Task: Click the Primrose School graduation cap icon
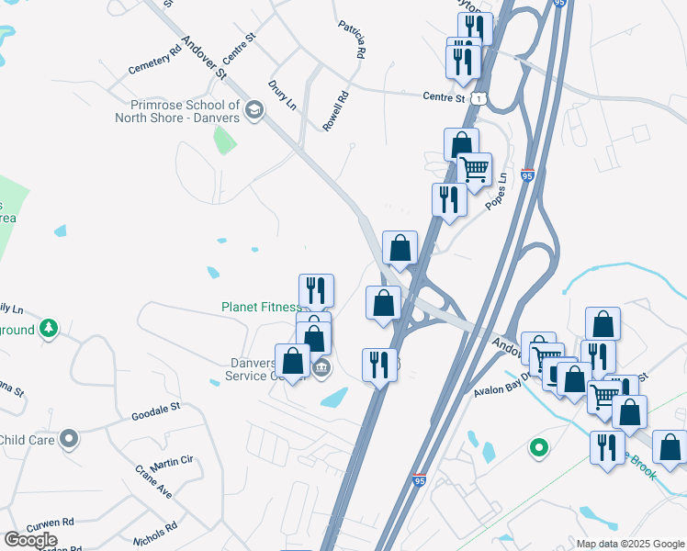(x=254, y=111)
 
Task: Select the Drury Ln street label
(x=282, y=95)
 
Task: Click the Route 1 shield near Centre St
(x=479, y=97)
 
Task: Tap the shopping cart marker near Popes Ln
(x=474, y=171)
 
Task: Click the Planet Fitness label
(x=261, y=307)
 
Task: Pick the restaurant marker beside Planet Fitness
(x=316, y=290)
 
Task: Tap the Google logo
(x=30, y=539)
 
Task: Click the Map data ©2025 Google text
(x=629, y=544)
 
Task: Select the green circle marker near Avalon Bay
(x=539, y=448)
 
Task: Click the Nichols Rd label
(x=153, y=534)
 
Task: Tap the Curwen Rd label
(x=50, y=527)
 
